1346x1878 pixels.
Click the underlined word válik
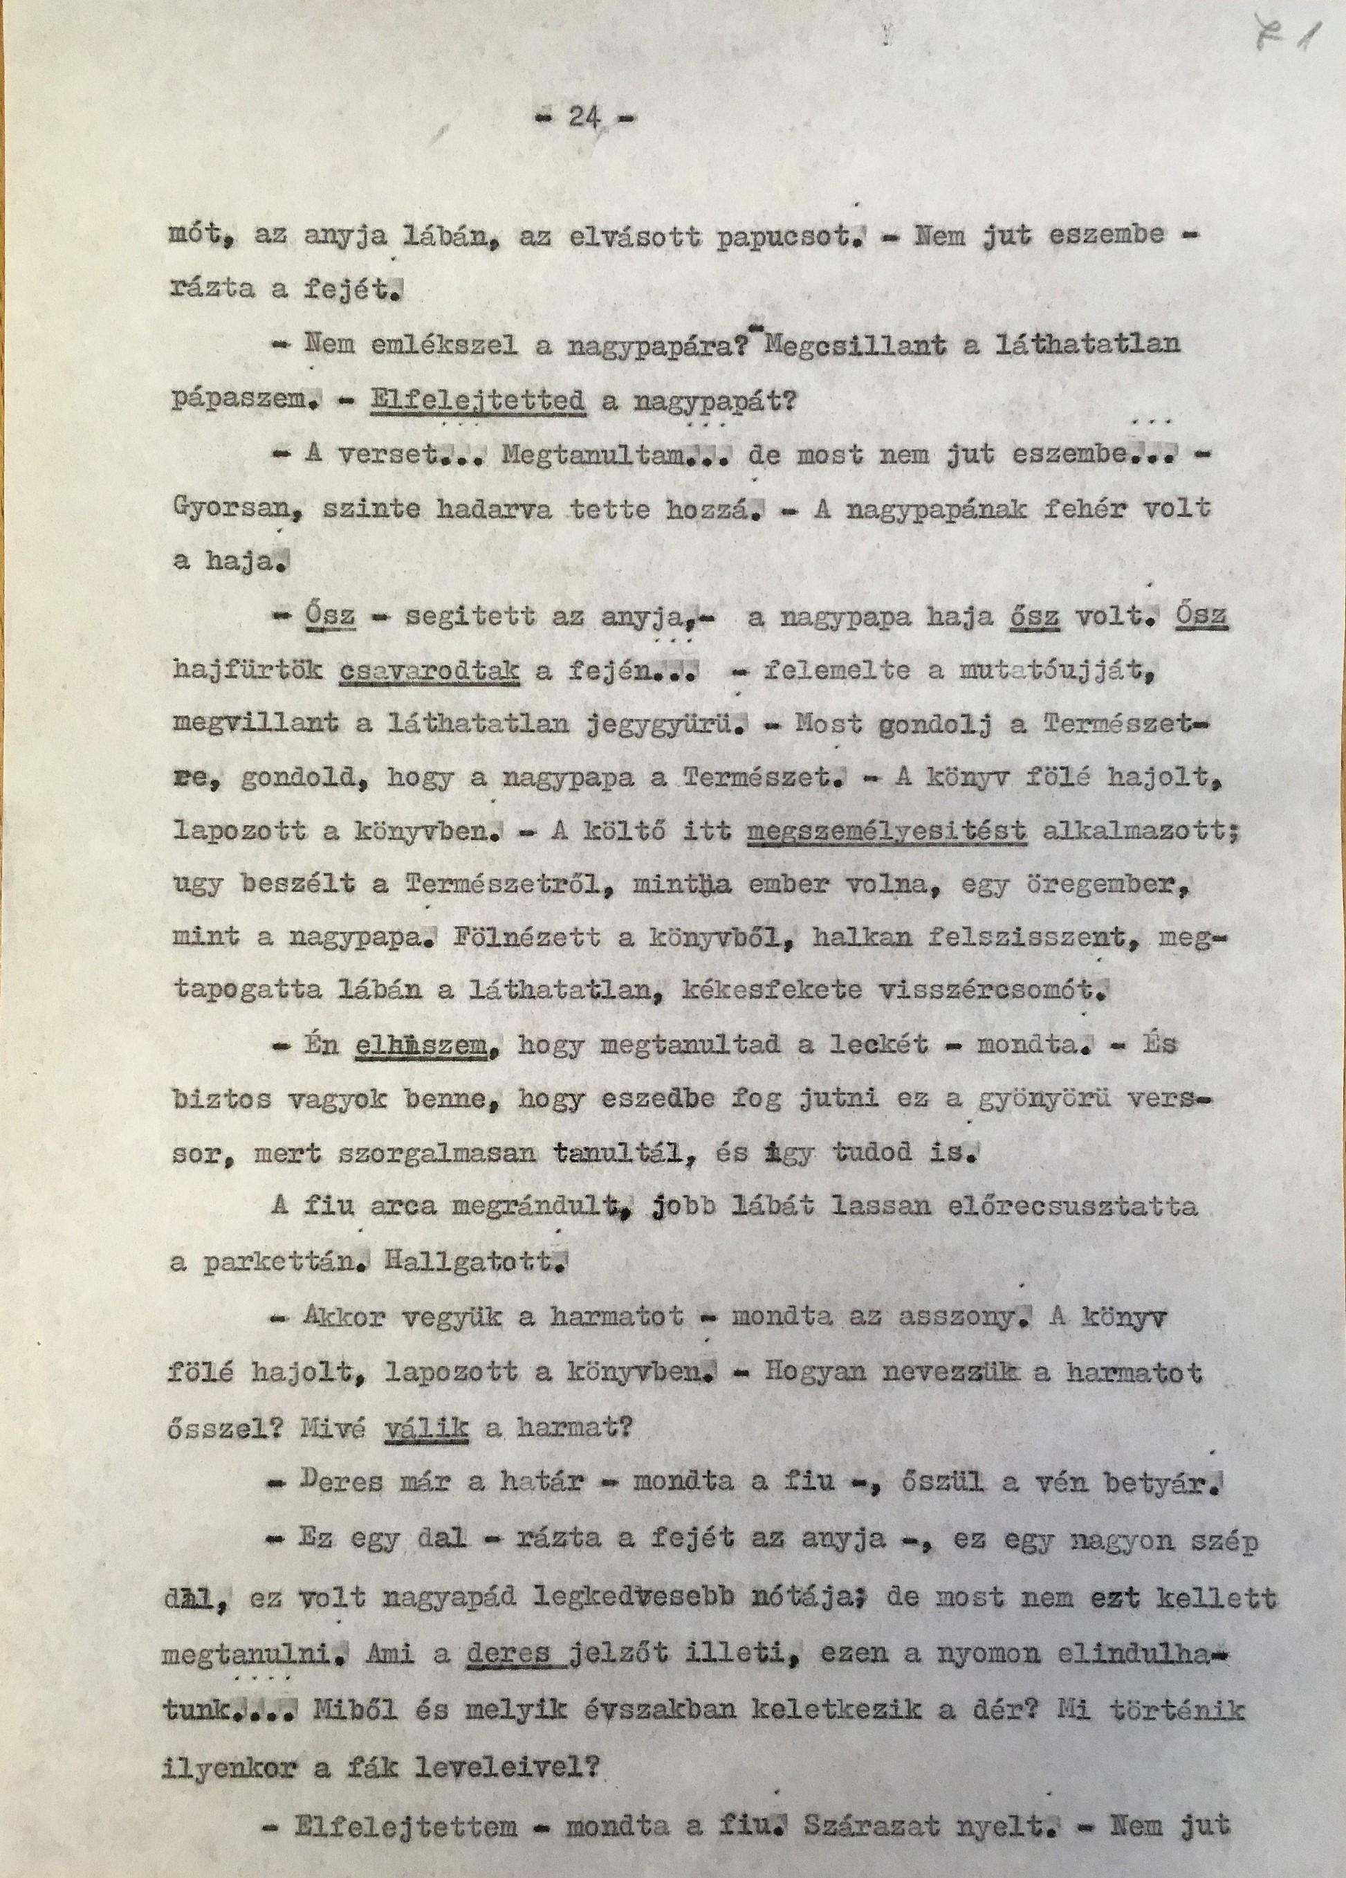(428, 1428)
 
